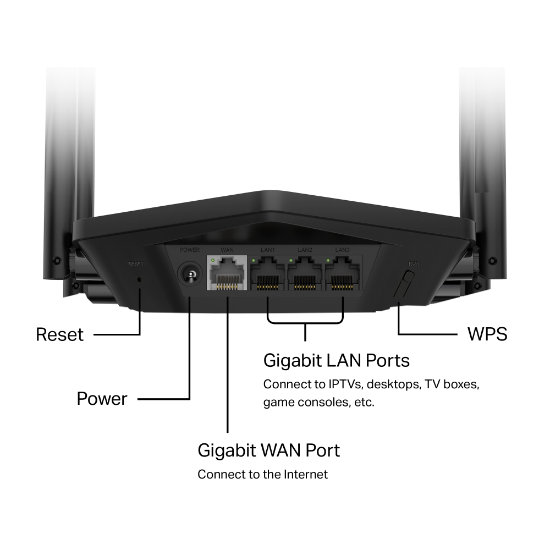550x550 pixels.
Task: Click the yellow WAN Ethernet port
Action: pos(227,273)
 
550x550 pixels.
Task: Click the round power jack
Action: pos(190,273)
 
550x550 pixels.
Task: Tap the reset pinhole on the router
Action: pos(139,279)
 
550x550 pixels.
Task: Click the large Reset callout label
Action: pos(59,334)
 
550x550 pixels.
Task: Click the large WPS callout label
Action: pos(487,334)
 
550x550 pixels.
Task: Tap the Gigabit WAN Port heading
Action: pos(268,450)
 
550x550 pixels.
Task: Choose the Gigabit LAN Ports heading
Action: pos(337,360)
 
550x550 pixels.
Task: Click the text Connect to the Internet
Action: pos(262,474)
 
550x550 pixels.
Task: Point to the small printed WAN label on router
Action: pos(227,250)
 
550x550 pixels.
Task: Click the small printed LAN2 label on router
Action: pos(305,250)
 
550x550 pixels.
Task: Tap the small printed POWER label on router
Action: pos(190,250)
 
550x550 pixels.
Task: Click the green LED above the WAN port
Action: pos(213,259)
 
